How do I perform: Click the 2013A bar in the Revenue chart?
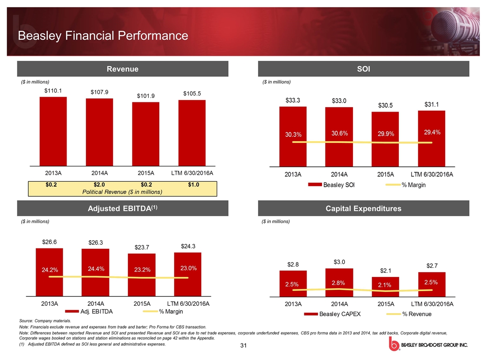pos(53,131)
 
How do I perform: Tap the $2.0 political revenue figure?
pos(99,184)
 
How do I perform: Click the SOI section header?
pos(364,69)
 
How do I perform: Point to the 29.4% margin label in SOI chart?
pos(432,132)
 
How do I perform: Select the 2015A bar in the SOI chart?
pos(385,139)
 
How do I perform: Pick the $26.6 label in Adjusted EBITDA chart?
pos(49,242)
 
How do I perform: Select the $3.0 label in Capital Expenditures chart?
pos(339,262)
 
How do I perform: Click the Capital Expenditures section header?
pos(364,209)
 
